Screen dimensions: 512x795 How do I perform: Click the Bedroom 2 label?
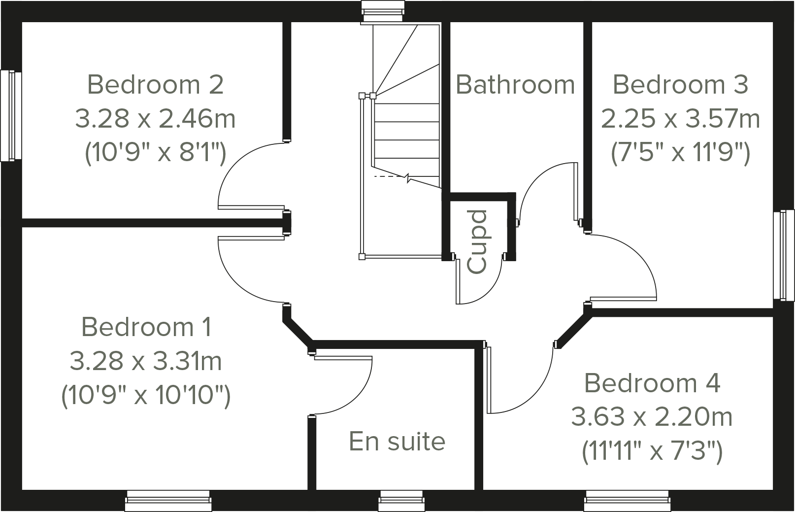[x=155, y=85]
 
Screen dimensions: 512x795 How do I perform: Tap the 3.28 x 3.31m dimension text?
[x=146, y=361]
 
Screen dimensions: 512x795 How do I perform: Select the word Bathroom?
[x=515, y=85]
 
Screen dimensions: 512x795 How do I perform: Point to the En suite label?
[x=397, y=441]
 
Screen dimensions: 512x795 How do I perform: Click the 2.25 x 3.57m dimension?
[x=680, y=119]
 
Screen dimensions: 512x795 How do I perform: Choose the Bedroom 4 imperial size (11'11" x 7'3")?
[x=652, y=451]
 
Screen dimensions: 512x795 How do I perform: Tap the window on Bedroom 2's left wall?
[x=11, y=116]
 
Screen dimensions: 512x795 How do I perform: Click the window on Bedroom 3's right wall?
[x=784, y=255]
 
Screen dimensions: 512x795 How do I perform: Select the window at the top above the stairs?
[x=383, y=11]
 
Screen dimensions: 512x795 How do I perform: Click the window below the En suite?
[x=401, y=501]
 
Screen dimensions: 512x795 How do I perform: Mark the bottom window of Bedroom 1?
[x=168, y=501]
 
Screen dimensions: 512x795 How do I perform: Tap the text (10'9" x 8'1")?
[x=156, y=153]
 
